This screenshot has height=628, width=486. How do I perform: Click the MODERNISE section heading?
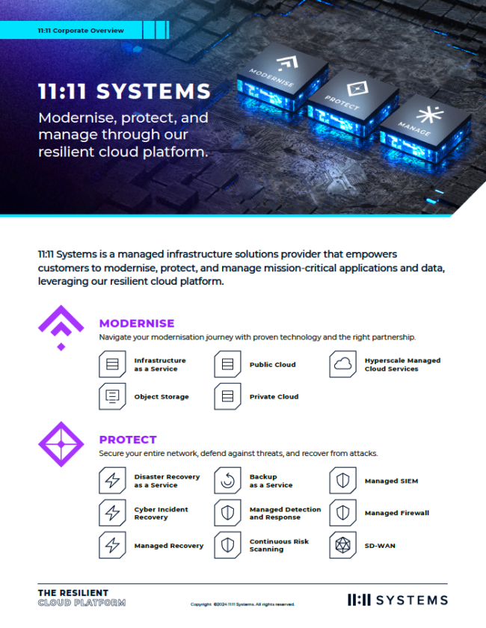pyautogui.click(x=137, y=324)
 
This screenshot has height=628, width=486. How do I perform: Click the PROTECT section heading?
pyautogui.click(x=128, y=440)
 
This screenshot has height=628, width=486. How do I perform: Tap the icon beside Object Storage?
pyautogui.click(x=112, y=396)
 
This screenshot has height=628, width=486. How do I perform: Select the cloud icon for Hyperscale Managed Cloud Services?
pyautogui.click(x=342, y=364)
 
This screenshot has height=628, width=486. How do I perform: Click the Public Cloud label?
pyautogui.click(x=272, y=365)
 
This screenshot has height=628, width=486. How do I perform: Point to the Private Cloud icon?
pyautogui.click(x=227, y=396)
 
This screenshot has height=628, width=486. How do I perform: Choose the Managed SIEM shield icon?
pyautogui.click(x=342, y=481)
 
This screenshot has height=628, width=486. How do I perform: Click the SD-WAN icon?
pyautogui.click(x=342, y=546)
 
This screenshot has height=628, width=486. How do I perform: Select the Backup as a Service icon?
pyautogui.click(x=227, y=481)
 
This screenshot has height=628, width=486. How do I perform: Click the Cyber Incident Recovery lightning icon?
pyautogui.click(x=112, y=514)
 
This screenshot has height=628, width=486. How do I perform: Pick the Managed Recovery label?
pyautogui.click(x=169, y=546)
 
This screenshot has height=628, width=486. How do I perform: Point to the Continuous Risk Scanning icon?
pyautogui.click(x=227, y=546)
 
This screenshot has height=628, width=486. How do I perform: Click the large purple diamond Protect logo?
pyautogui.click(x=61, y=445)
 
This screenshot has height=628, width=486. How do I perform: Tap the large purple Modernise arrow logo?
pyautogui.click(x=61, y=327)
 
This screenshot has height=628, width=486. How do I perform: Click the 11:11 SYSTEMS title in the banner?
pyautogui.click(x=124, y=92)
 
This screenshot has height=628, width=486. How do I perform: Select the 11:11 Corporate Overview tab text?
pyautogui.click(x=81, y=31)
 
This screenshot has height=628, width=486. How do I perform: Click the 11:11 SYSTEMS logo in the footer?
pyautogui.click(x=398, y=600)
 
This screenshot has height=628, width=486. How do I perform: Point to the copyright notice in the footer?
pyautogui.click(x=242, y=604)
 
